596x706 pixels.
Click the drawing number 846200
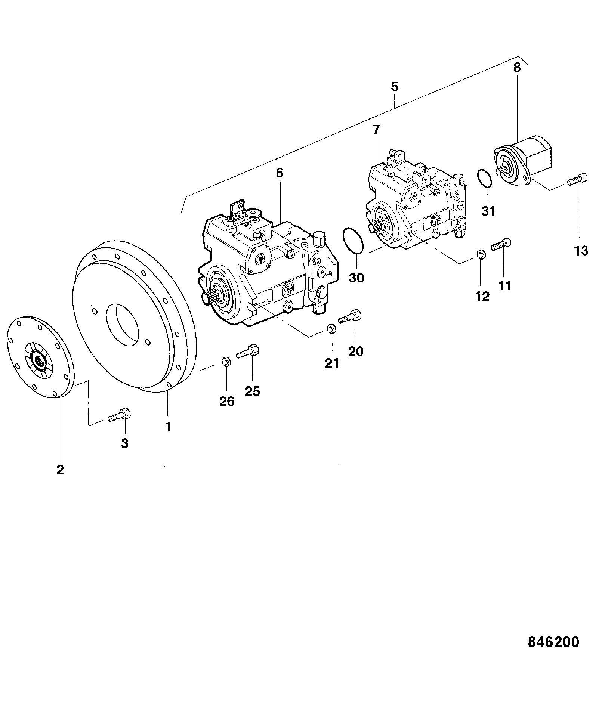coord(553,641)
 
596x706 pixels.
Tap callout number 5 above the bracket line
coord(395,87)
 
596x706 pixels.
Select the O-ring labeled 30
coord(352,241)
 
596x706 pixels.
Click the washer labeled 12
coord(481,255)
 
